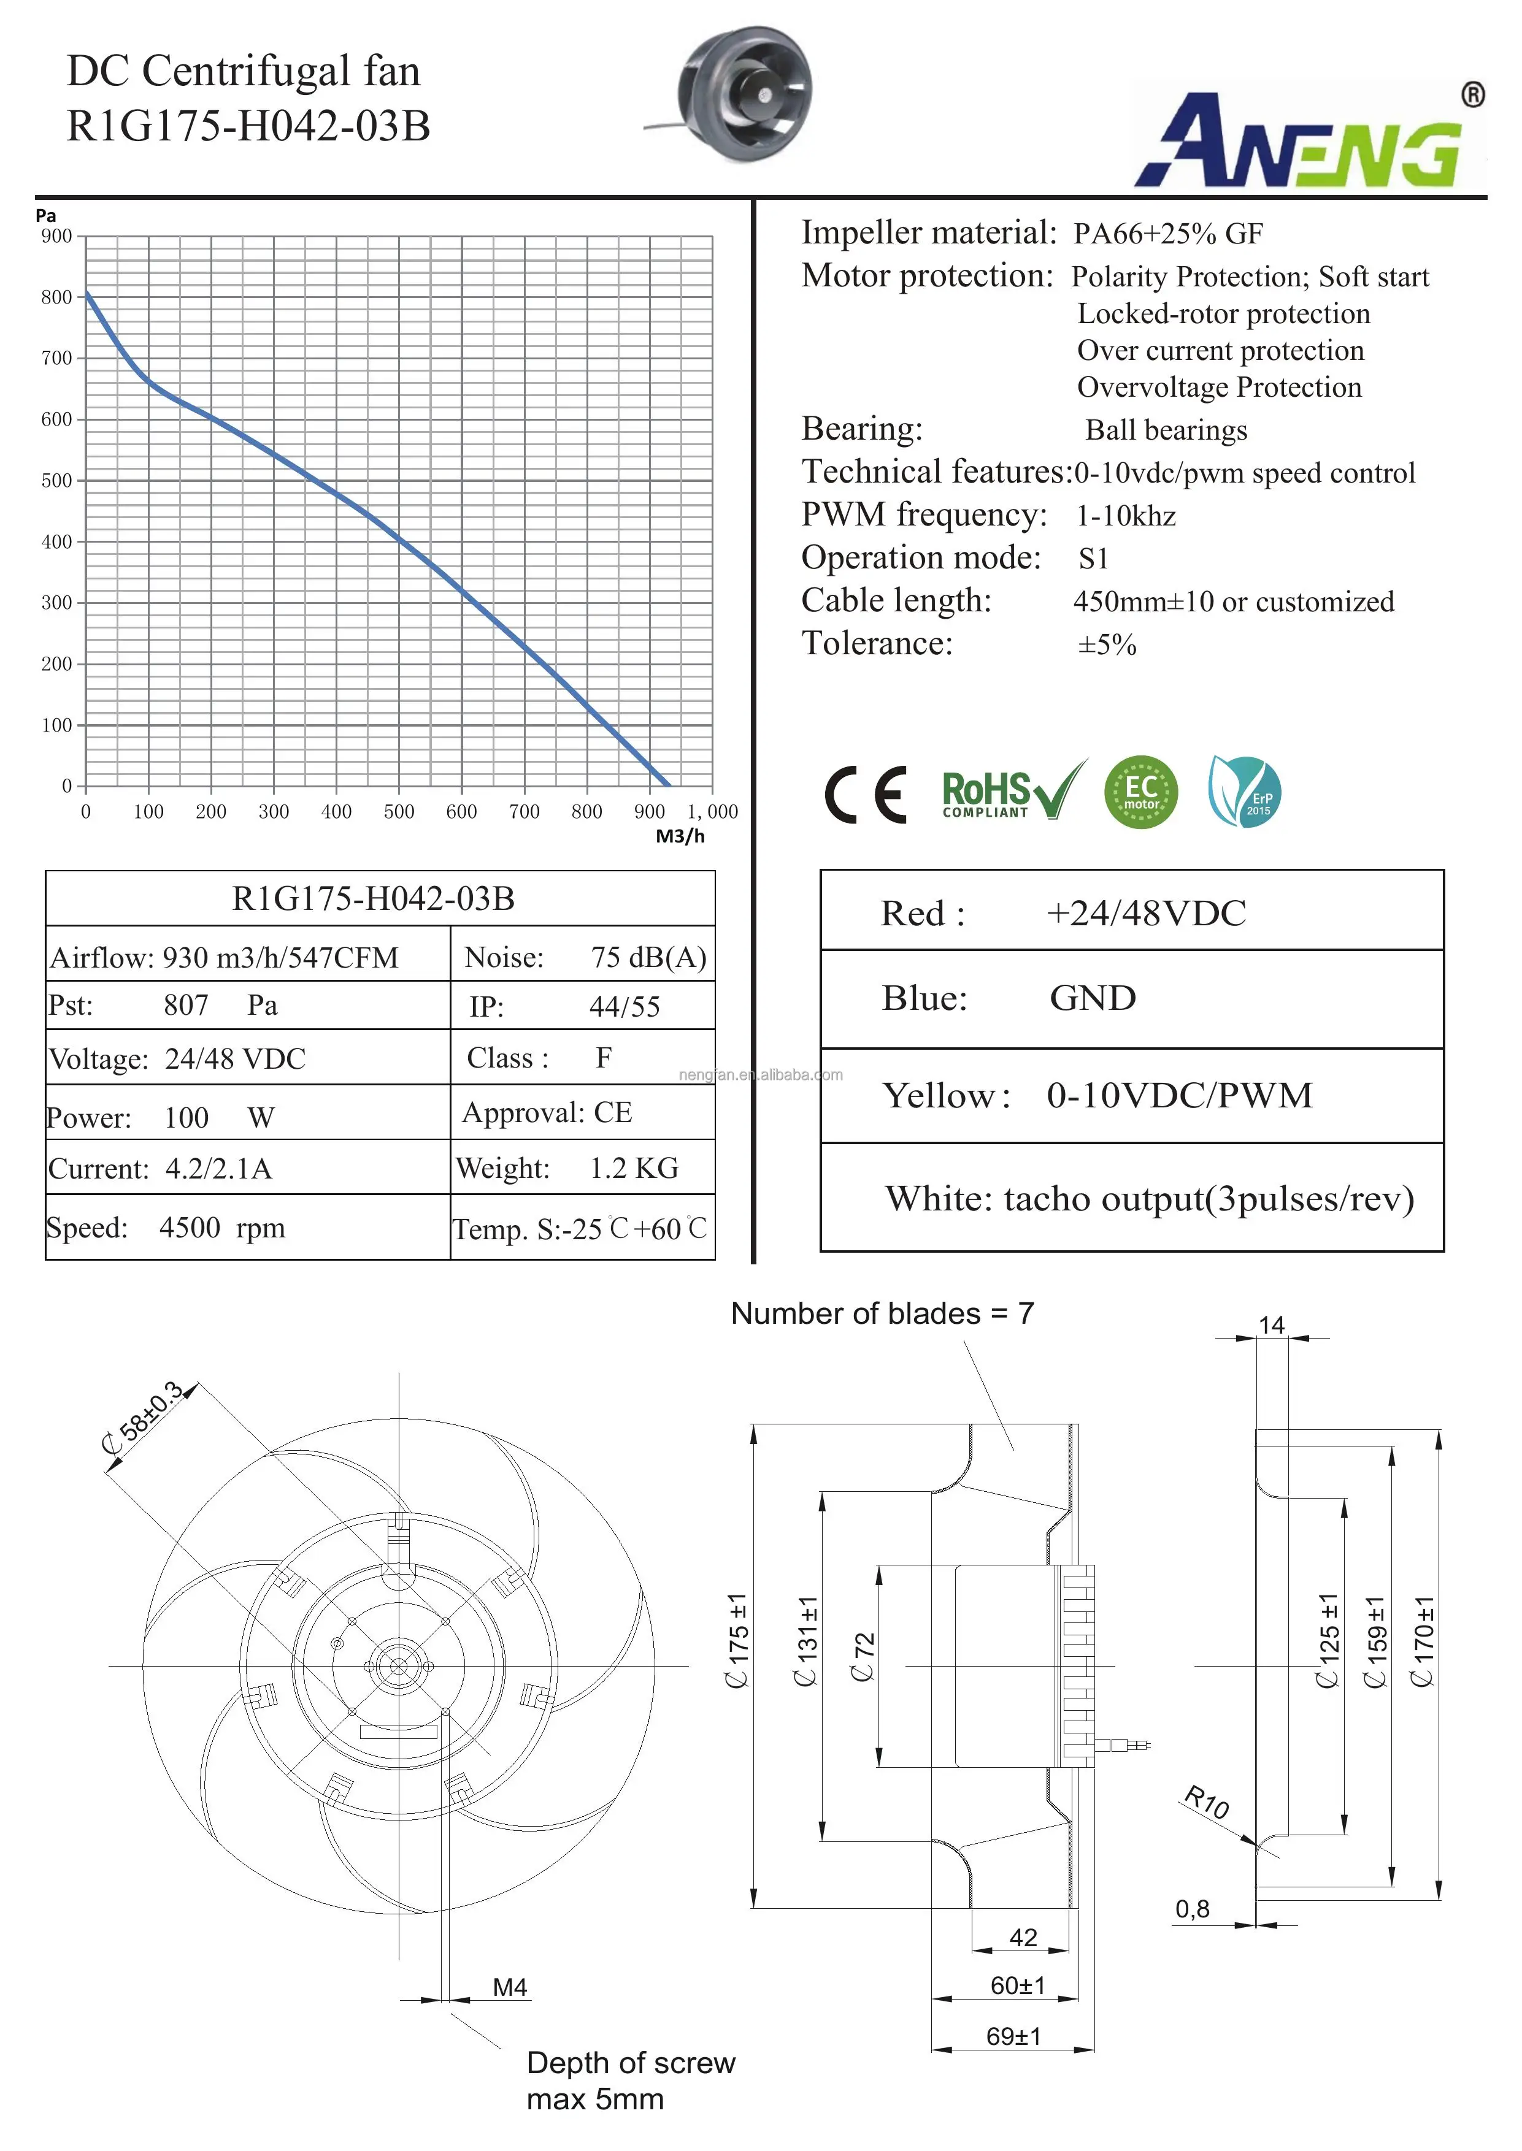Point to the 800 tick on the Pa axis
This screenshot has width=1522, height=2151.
(56, 297)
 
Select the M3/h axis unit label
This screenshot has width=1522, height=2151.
(680, 836)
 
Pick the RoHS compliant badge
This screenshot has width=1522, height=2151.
(1012, 792)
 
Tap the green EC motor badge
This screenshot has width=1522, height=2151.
(1140, 793)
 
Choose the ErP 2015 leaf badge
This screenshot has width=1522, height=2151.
(1245, 792)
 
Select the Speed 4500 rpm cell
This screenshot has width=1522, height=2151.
(247, 1228)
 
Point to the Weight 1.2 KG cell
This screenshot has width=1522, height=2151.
(582, 1168)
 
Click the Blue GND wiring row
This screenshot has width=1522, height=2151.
(1131, 999)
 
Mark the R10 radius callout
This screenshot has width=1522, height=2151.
(1206, 1801)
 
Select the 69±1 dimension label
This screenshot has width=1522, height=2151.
(1013, 2036)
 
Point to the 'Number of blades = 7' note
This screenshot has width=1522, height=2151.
(882, 1313)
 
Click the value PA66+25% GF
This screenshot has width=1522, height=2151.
(1168, 233)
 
